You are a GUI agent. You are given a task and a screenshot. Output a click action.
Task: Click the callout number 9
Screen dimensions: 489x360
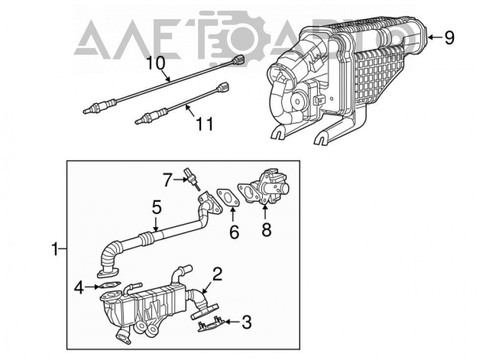tap(449, 38)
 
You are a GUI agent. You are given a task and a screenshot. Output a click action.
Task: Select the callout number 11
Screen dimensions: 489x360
tap(204, 124)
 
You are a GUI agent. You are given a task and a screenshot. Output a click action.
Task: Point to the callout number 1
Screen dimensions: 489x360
tap(55, 249)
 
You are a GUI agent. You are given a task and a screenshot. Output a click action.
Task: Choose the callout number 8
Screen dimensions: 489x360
tap(267, 229)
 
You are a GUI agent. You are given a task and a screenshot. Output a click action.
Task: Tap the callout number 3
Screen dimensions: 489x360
tap(246, 322)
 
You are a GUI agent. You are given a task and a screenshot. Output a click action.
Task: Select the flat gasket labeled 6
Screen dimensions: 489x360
tap(228, 198)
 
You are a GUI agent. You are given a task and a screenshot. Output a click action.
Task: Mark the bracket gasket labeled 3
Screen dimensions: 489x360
tap(211, 324)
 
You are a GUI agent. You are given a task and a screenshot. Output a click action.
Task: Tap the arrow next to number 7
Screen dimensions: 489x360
tap(179, 180)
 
